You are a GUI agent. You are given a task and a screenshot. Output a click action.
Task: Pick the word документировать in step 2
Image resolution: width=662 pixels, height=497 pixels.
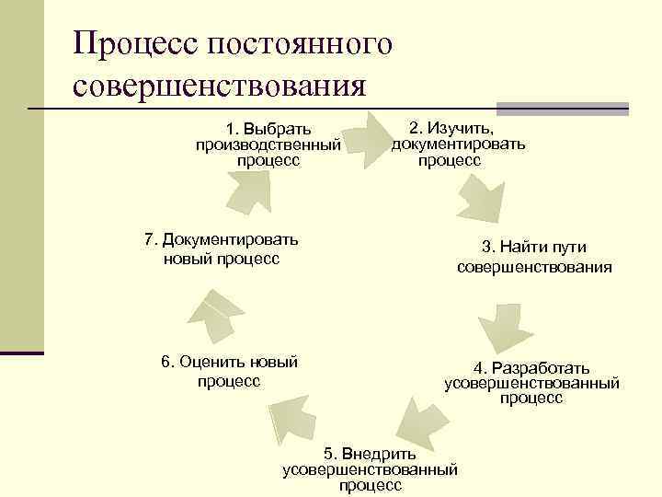click(458, 144)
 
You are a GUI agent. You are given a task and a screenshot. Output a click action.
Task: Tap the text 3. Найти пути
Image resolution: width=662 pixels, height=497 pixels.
click(533, 247)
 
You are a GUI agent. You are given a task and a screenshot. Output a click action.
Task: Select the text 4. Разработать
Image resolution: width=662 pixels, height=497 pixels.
click(531, 367)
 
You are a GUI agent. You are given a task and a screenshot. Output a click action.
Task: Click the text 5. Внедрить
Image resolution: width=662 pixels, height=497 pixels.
click(370, 454)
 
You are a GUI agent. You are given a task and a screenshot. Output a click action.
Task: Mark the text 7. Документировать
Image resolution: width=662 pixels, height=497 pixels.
click(222, 240)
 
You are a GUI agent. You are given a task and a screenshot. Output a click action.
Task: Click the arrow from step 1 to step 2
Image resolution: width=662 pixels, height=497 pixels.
click(373, 139)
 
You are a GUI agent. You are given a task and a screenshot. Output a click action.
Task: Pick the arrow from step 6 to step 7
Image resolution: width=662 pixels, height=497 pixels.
click(215, 312)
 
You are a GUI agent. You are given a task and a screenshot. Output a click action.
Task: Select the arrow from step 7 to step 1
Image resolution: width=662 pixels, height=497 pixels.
click(249, 191)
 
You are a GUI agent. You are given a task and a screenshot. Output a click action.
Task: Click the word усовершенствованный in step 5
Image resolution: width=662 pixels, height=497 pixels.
click(370, 469)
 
